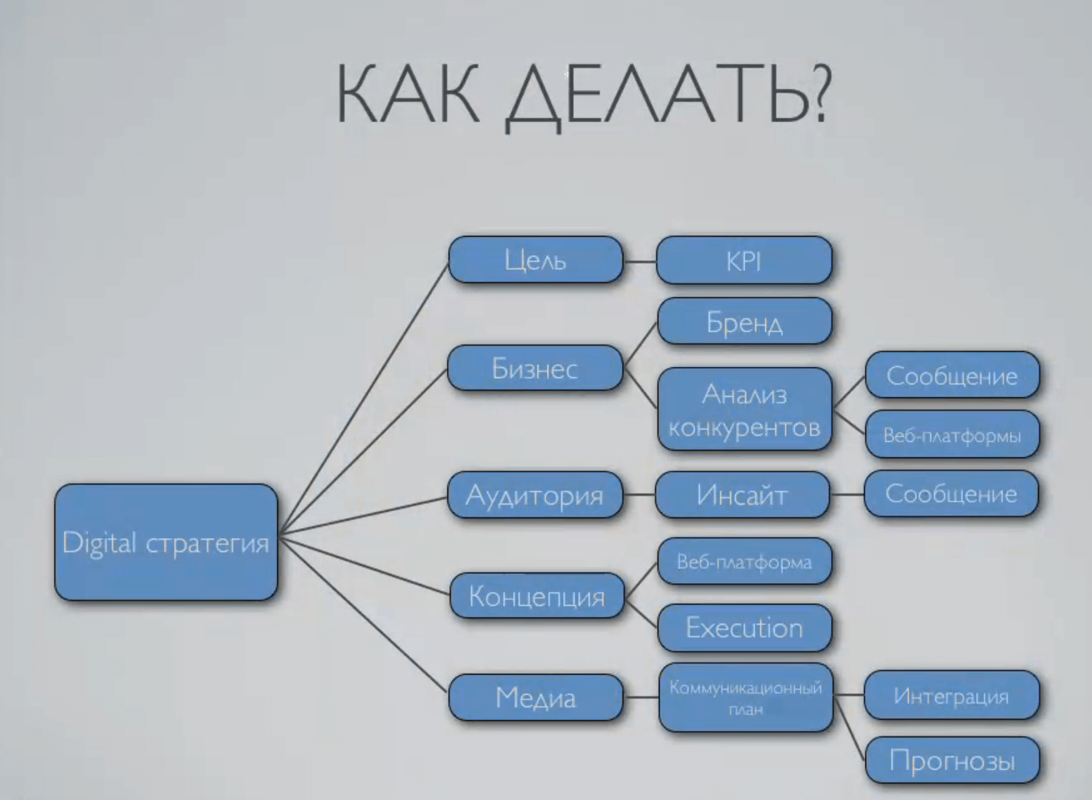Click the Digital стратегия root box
[166, 542]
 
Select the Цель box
[536, 259]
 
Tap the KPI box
[744, 261]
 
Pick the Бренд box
[744, 321]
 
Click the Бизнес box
[535, 368]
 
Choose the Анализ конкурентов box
[744, 409]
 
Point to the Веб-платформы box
[952, 435]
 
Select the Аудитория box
[535, 495]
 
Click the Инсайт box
[742, 495]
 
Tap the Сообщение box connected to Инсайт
[951, 494]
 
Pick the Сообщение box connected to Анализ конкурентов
[952, 375]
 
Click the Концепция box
[536, 596]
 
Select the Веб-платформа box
[744, 561]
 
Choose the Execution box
[744, 628]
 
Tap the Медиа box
[536, 697]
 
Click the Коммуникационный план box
[746, 697]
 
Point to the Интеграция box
[952, 695]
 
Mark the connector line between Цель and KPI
[640, 261]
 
